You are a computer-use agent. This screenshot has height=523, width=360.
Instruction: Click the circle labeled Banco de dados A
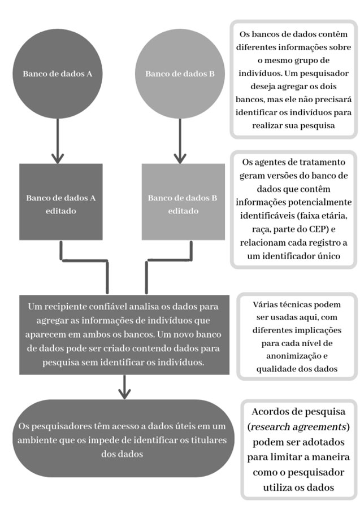coord(58,73)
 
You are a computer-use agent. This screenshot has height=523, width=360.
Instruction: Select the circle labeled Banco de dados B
coord(180,73)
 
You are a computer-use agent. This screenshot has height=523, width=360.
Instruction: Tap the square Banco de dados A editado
coord(60,202)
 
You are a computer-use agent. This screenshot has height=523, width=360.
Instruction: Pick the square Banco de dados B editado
coord(183,202)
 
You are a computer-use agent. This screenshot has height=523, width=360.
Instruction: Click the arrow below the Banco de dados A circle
coord(58,141)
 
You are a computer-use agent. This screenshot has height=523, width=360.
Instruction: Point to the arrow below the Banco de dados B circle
coord(180,141)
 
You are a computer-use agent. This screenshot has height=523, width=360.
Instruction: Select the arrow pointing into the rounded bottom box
coord(124,387)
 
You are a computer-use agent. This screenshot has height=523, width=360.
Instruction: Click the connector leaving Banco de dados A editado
coord(84,260)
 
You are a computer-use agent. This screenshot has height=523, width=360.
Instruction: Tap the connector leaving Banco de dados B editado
coord(169,260)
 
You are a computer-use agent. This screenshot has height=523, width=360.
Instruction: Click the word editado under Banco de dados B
coord(183,211)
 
